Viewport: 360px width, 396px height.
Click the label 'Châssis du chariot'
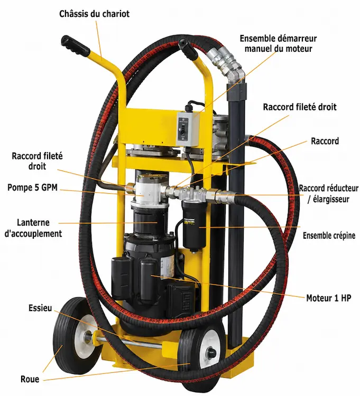click(x=94, y=14)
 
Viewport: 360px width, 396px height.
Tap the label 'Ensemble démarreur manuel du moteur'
click(x=278, y=43)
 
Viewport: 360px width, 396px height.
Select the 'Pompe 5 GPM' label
click(x=32, y=187)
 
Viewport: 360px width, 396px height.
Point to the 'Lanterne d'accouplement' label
click(x=33, y=228)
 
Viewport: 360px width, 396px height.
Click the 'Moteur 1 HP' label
click(x=329, y=298)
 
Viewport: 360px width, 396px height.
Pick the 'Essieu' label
click(x=40, y=308)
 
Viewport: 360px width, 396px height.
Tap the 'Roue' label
click(x=30, y=379)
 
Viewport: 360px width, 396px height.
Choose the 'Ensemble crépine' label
click(x=329, y=235)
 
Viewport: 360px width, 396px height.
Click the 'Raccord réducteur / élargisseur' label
click(x=328, y=194)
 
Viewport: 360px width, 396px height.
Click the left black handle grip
click(x=76, y=46)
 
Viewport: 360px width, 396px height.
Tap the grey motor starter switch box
click(x=187, y=129)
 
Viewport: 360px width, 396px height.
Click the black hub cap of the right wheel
click(x=211, y=352)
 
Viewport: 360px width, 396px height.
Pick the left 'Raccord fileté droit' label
click(x=37, y=161)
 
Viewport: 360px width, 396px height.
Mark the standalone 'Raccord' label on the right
click(x=325, y=141)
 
